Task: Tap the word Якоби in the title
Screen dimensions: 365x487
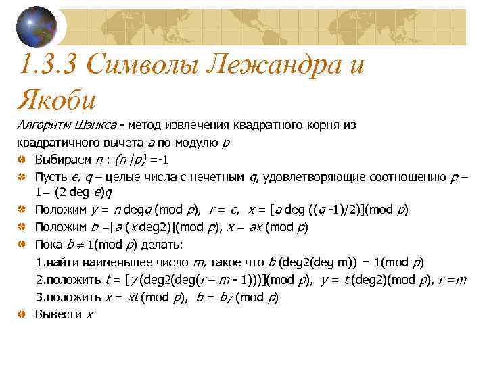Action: pos(57,99)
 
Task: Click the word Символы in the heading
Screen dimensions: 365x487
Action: pos(139,66)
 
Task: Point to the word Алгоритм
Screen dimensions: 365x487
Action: pos(39,125)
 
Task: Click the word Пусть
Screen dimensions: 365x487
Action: pos(49,177)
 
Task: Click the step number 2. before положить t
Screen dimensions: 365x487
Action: pos(41,280)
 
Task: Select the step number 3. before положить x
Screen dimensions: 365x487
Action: pos(41,297)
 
